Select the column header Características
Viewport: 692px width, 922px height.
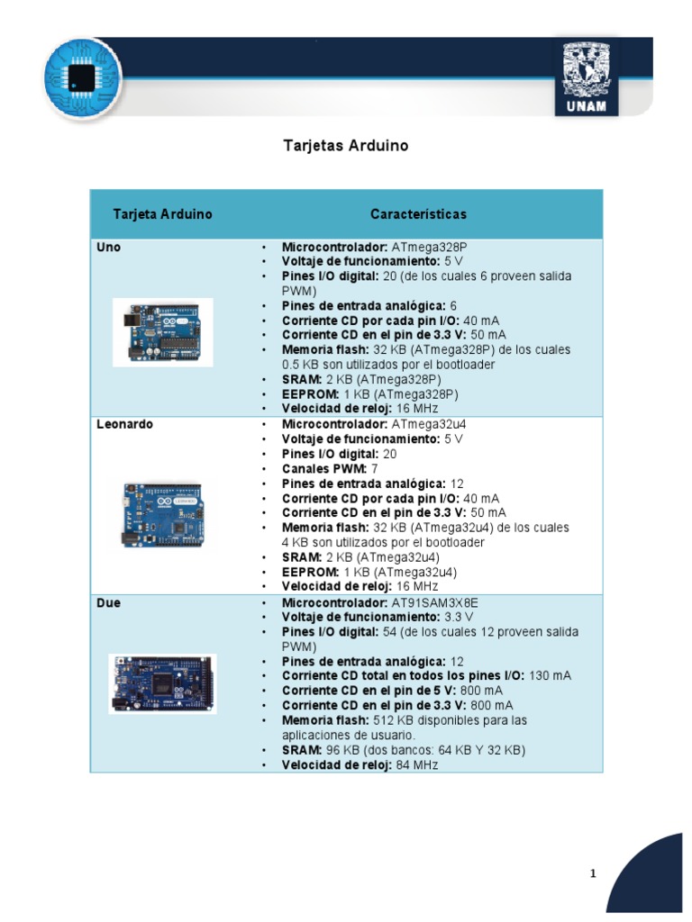coord(418,214)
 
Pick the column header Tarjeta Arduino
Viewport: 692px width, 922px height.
coord(163,214)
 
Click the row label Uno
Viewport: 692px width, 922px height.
coord(108,247)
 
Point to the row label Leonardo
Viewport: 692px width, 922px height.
coord(124,424)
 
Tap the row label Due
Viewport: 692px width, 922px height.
coord(108,601)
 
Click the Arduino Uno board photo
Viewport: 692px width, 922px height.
coord(163,332)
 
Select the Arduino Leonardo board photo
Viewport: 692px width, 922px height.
coord(163,515)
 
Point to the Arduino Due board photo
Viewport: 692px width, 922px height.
coord(163,683)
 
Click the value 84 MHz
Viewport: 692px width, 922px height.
coord(416,764)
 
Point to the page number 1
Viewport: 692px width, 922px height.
coord(593,873)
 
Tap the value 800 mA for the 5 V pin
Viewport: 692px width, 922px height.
coord(480,691)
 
